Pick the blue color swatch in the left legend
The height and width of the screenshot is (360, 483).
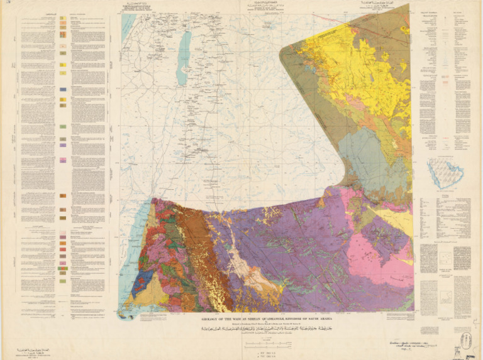coord(63,90)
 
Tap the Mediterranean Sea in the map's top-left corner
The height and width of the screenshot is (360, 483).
coord(128,25)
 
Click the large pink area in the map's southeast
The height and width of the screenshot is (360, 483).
coord(371,258)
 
